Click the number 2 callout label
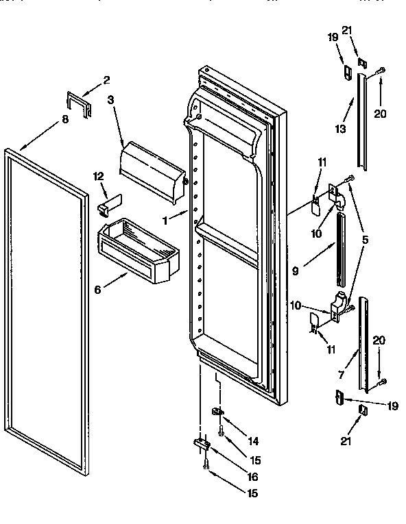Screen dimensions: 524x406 106,80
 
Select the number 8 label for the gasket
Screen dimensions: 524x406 65,119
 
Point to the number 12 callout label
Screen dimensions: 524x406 98,177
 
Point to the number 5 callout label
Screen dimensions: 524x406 366,240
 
